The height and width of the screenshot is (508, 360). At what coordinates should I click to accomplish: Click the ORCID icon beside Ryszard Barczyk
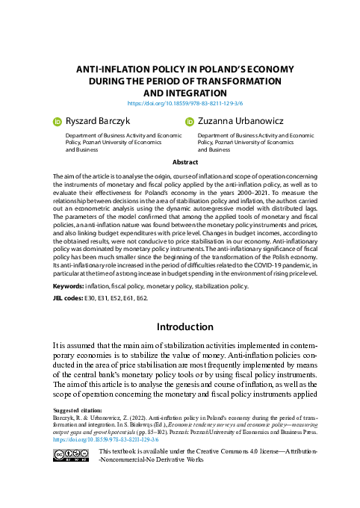(57, 120)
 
